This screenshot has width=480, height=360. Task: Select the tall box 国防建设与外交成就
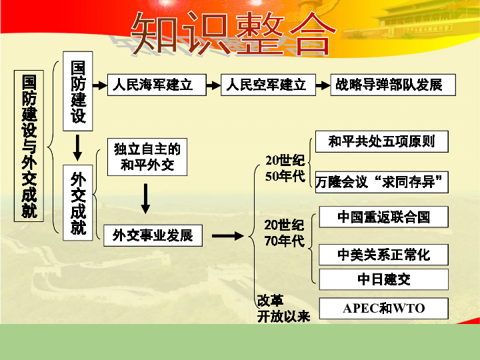coord(29,145)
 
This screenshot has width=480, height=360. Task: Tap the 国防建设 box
coord(79,91)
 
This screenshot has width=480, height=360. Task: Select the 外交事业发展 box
coord(153,235)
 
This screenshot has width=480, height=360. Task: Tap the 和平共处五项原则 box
coord(381,141)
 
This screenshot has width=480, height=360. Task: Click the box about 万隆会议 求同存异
coord(381,181)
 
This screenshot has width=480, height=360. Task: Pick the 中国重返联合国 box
coord(383,217)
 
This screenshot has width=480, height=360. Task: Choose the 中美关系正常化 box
coord(383,255)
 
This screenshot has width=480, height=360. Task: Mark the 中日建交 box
coord(383,279)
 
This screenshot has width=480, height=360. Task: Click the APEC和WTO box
coord(383,309)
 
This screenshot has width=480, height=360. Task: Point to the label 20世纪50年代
coord(285,169)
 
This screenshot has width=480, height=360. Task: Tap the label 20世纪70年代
coord(284,233)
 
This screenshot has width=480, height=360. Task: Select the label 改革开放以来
coord(283,309)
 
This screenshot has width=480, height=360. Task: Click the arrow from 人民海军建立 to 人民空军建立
coord(213,85)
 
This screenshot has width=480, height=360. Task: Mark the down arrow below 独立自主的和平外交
coord(146,199)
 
